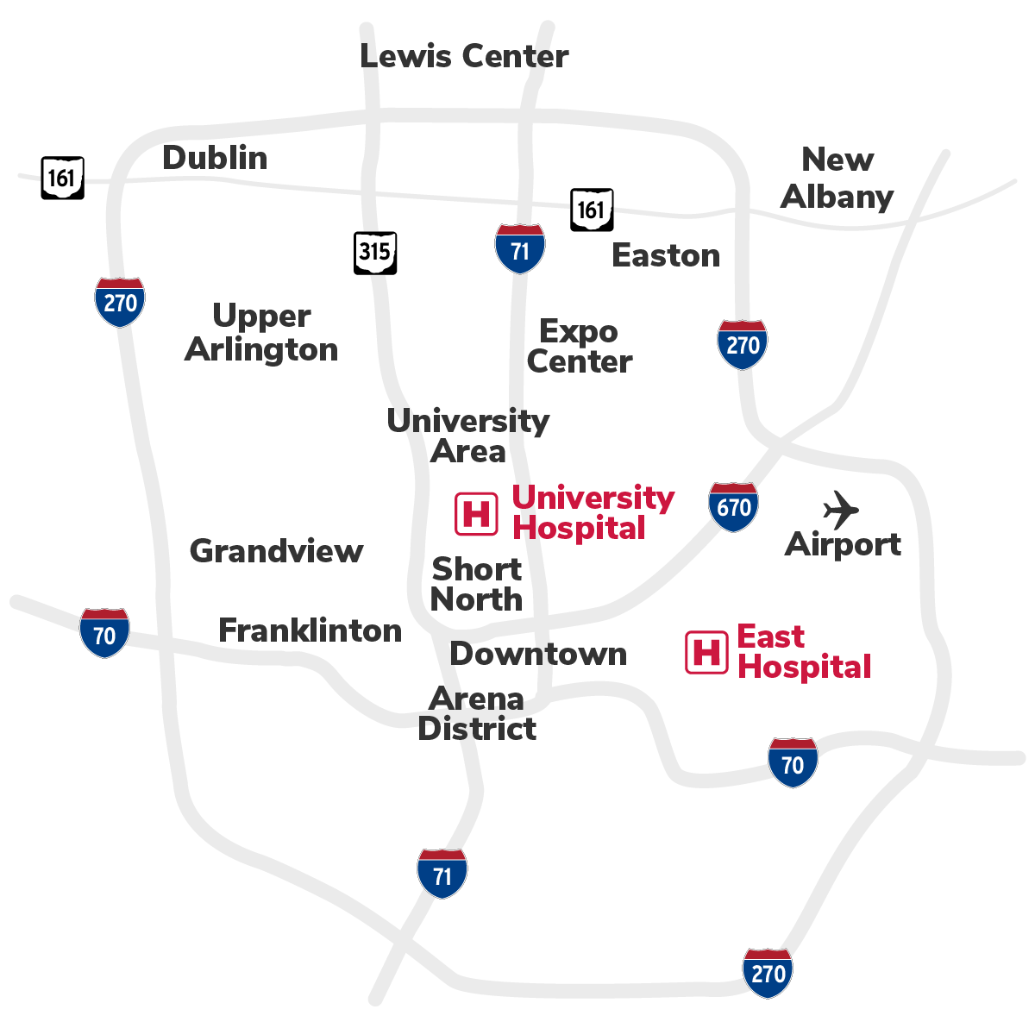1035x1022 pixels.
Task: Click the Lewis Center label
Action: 464,56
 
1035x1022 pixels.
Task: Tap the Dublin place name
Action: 215,158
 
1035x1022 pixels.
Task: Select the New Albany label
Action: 837,178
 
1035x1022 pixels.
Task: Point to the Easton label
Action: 666,255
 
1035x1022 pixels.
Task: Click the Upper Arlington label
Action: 261,333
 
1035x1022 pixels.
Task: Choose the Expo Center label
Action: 580,347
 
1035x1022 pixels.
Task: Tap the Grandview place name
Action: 276,550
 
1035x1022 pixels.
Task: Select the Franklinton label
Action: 310,630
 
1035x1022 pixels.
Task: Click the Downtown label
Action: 538,654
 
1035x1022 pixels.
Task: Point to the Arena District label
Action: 477,713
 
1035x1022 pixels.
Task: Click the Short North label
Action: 477,584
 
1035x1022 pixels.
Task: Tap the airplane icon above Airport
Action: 841,510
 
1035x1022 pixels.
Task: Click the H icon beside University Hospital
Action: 476,514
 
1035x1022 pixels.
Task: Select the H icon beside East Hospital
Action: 706,652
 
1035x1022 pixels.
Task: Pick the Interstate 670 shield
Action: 734,507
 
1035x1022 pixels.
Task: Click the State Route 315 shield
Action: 375,253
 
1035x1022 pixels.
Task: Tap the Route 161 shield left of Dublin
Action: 63,179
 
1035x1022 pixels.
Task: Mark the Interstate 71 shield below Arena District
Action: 442,874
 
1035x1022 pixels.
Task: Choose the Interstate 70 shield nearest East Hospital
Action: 793,762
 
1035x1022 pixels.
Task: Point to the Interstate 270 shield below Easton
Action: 743,344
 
